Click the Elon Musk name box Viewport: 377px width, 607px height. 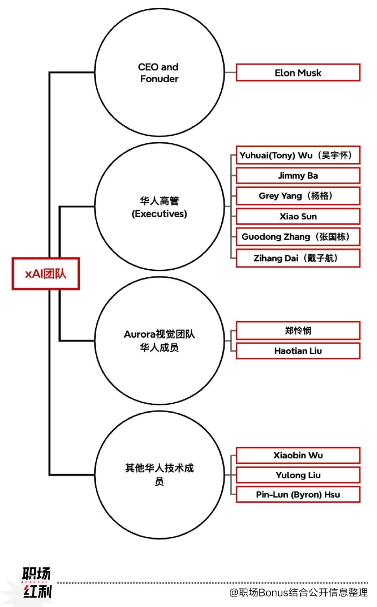tap(298, 73)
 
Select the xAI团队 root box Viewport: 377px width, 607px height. tap(46, 274)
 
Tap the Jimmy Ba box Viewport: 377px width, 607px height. tap(298, 175)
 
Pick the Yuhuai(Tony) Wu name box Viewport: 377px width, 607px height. tap(298, 155)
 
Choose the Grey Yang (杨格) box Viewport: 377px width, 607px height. tap(298, 196)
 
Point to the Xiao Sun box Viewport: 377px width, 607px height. tap(298, 216)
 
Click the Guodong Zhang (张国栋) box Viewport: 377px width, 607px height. tap(298, 237)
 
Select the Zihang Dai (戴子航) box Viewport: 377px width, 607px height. tap(298, 258)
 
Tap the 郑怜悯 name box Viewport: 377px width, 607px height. tap(298, 330)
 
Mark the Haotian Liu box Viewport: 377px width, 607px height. tap(298, 351)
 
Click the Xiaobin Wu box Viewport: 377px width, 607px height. tap(298, 455)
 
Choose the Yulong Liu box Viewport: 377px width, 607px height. tap(298, 475)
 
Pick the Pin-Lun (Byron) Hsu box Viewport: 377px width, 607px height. tap(298, 495)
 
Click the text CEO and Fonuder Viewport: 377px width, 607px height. tap(159, 73)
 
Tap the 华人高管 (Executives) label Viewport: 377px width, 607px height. tap(159, 207)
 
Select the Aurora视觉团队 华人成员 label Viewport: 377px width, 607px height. tap(159, 341)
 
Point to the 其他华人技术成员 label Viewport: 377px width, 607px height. tap(159, 474)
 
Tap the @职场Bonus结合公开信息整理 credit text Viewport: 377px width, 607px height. tap(298, 592)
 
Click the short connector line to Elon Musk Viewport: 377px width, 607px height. tap(230, 73)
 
